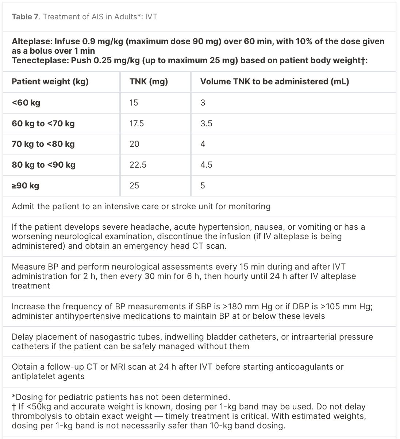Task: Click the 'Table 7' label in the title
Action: [25, 17]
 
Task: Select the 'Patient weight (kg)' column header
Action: [50, 81]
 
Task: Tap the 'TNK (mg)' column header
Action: [149, 81]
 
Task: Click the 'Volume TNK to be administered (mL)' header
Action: [274, 81]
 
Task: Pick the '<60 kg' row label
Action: [26, 103]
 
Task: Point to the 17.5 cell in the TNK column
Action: [136, 123]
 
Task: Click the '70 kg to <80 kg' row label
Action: [43, 144]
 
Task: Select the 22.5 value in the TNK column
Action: [138, 165]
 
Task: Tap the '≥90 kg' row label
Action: [25, 186]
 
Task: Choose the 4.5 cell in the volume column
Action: [206, 165]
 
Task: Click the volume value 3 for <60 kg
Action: [203, 103]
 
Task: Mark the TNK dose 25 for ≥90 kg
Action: [134, 186]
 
